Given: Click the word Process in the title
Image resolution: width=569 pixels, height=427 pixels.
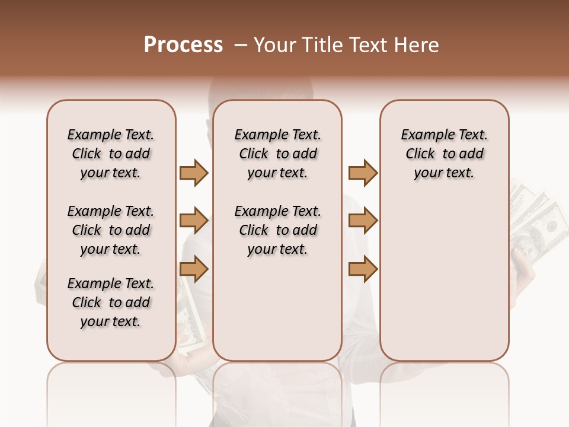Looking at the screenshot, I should point(183,45).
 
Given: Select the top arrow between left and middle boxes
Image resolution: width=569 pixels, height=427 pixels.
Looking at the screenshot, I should point(194,173).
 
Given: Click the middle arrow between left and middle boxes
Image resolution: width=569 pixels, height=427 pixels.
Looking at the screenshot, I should point(194,221).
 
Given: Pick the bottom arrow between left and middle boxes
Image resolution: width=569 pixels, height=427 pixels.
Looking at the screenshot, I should point(194,269).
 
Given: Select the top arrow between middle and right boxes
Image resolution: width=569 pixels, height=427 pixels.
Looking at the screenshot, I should point(363,173).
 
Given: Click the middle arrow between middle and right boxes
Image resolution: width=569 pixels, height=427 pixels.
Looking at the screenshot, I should point(363,221).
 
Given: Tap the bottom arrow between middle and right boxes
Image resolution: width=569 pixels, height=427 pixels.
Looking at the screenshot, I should point(363,269).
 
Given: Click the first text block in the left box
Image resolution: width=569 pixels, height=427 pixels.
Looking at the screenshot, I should point(111,154).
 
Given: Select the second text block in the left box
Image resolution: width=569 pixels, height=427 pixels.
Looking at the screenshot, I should point(111,230).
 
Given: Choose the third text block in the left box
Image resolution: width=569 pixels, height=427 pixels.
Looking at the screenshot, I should point(111,302).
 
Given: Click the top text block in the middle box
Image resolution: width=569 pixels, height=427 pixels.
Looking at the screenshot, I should point(277,154).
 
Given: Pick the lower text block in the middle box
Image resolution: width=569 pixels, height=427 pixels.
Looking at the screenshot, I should point(277,230).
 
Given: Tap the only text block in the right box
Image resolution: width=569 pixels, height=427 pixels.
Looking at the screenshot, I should point(444,154).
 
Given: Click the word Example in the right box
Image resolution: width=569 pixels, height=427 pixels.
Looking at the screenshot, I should point(423,135).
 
